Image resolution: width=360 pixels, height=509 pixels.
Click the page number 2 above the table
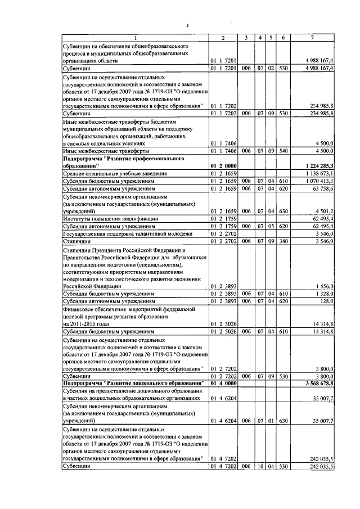(x=188, y=25)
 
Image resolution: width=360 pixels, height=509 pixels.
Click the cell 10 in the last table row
(x=260, y=466)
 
